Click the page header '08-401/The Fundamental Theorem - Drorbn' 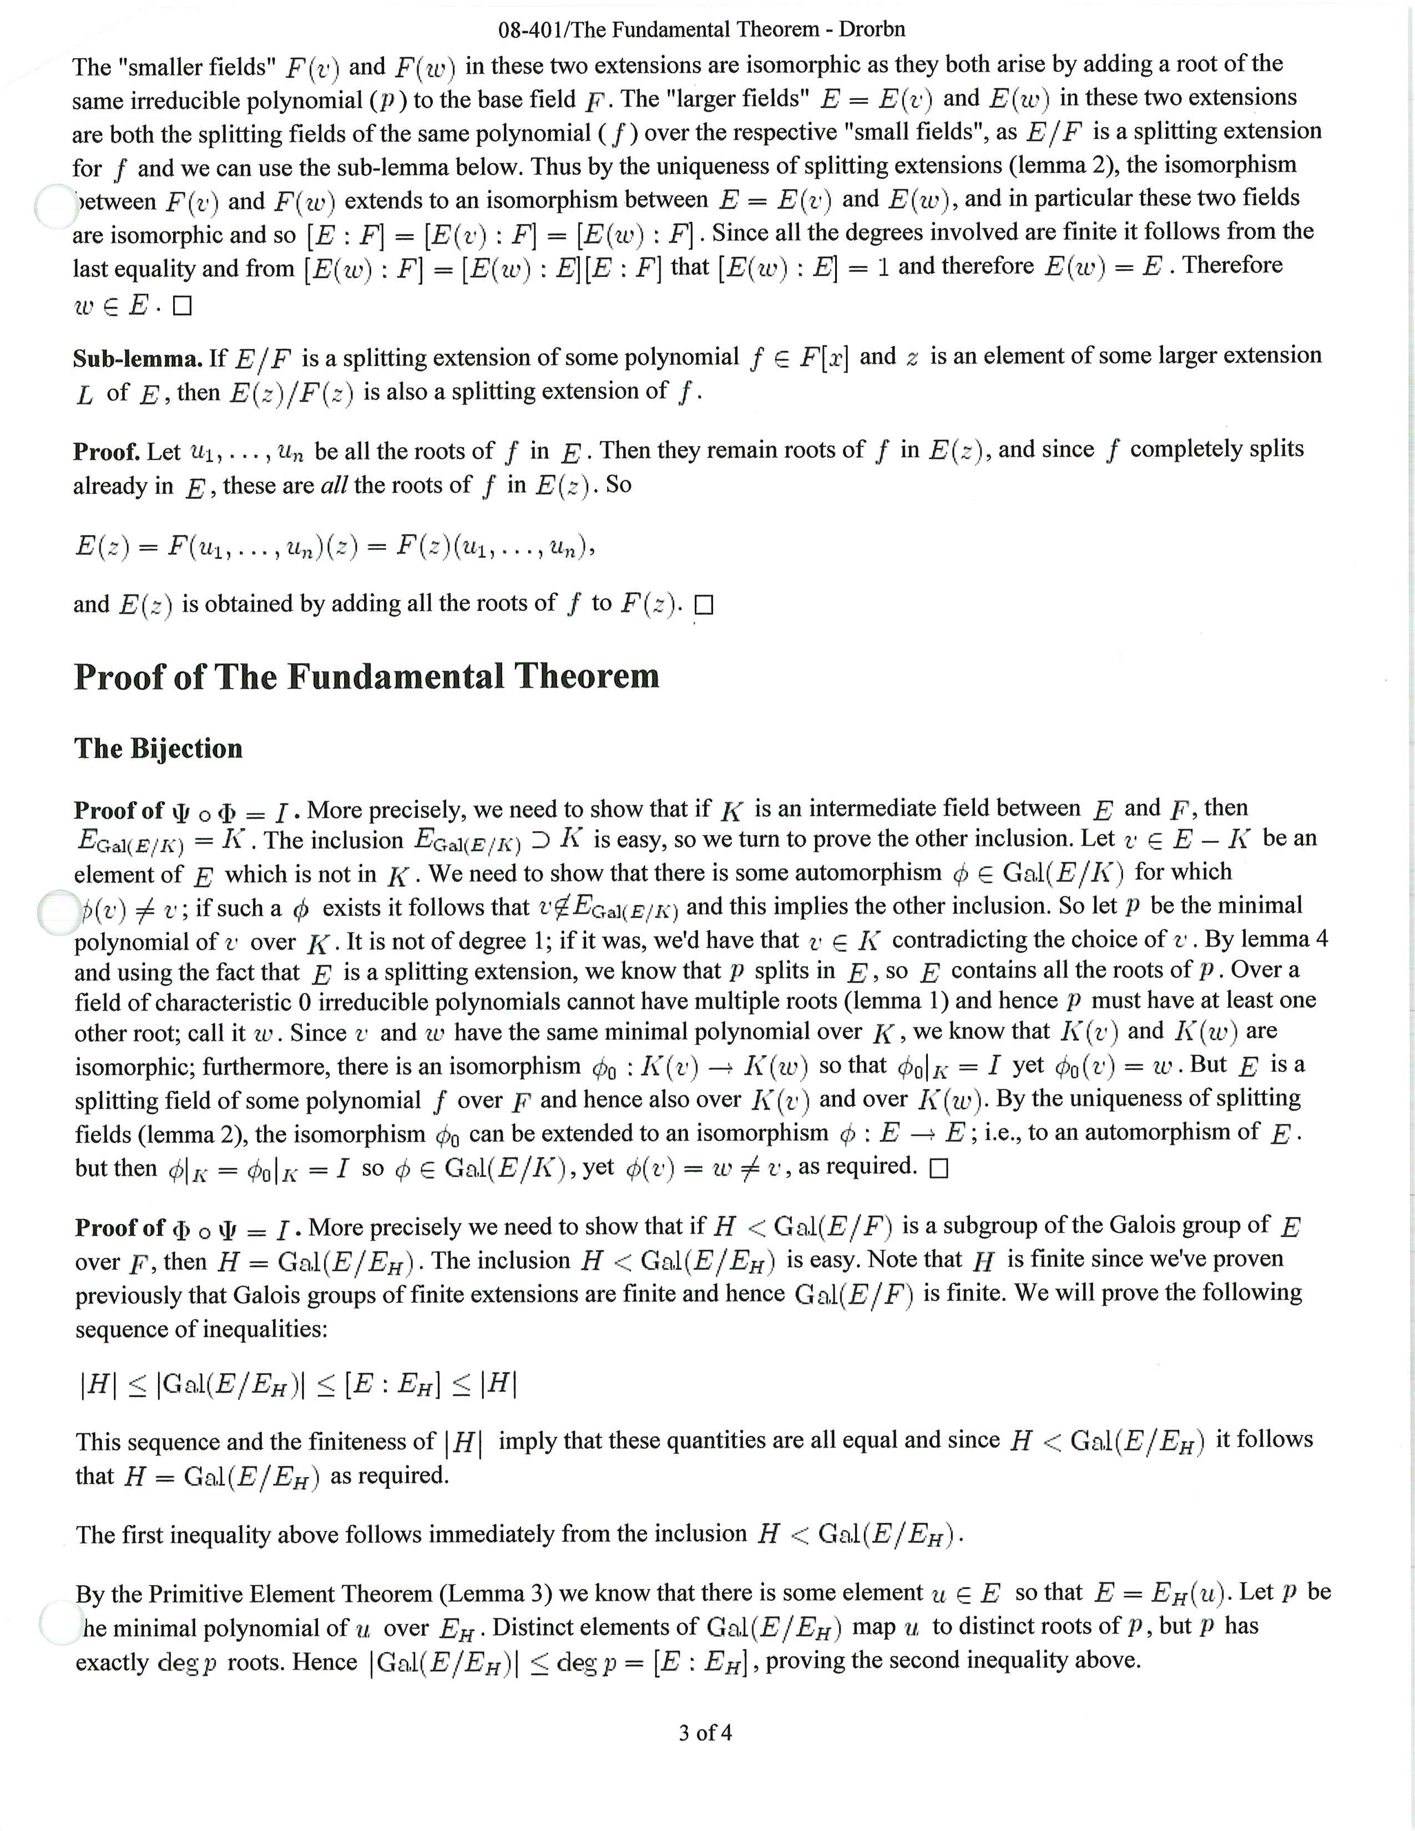(x=701, y=30)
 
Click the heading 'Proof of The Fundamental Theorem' (x=366, y=676)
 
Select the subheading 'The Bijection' (x=159, y=748)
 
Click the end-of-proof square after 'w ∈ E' (x=182, y=307)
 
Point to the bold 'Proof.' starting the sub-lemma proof (x=107, y=452)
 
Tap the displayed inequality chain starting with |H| (x=297, y=1385)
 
